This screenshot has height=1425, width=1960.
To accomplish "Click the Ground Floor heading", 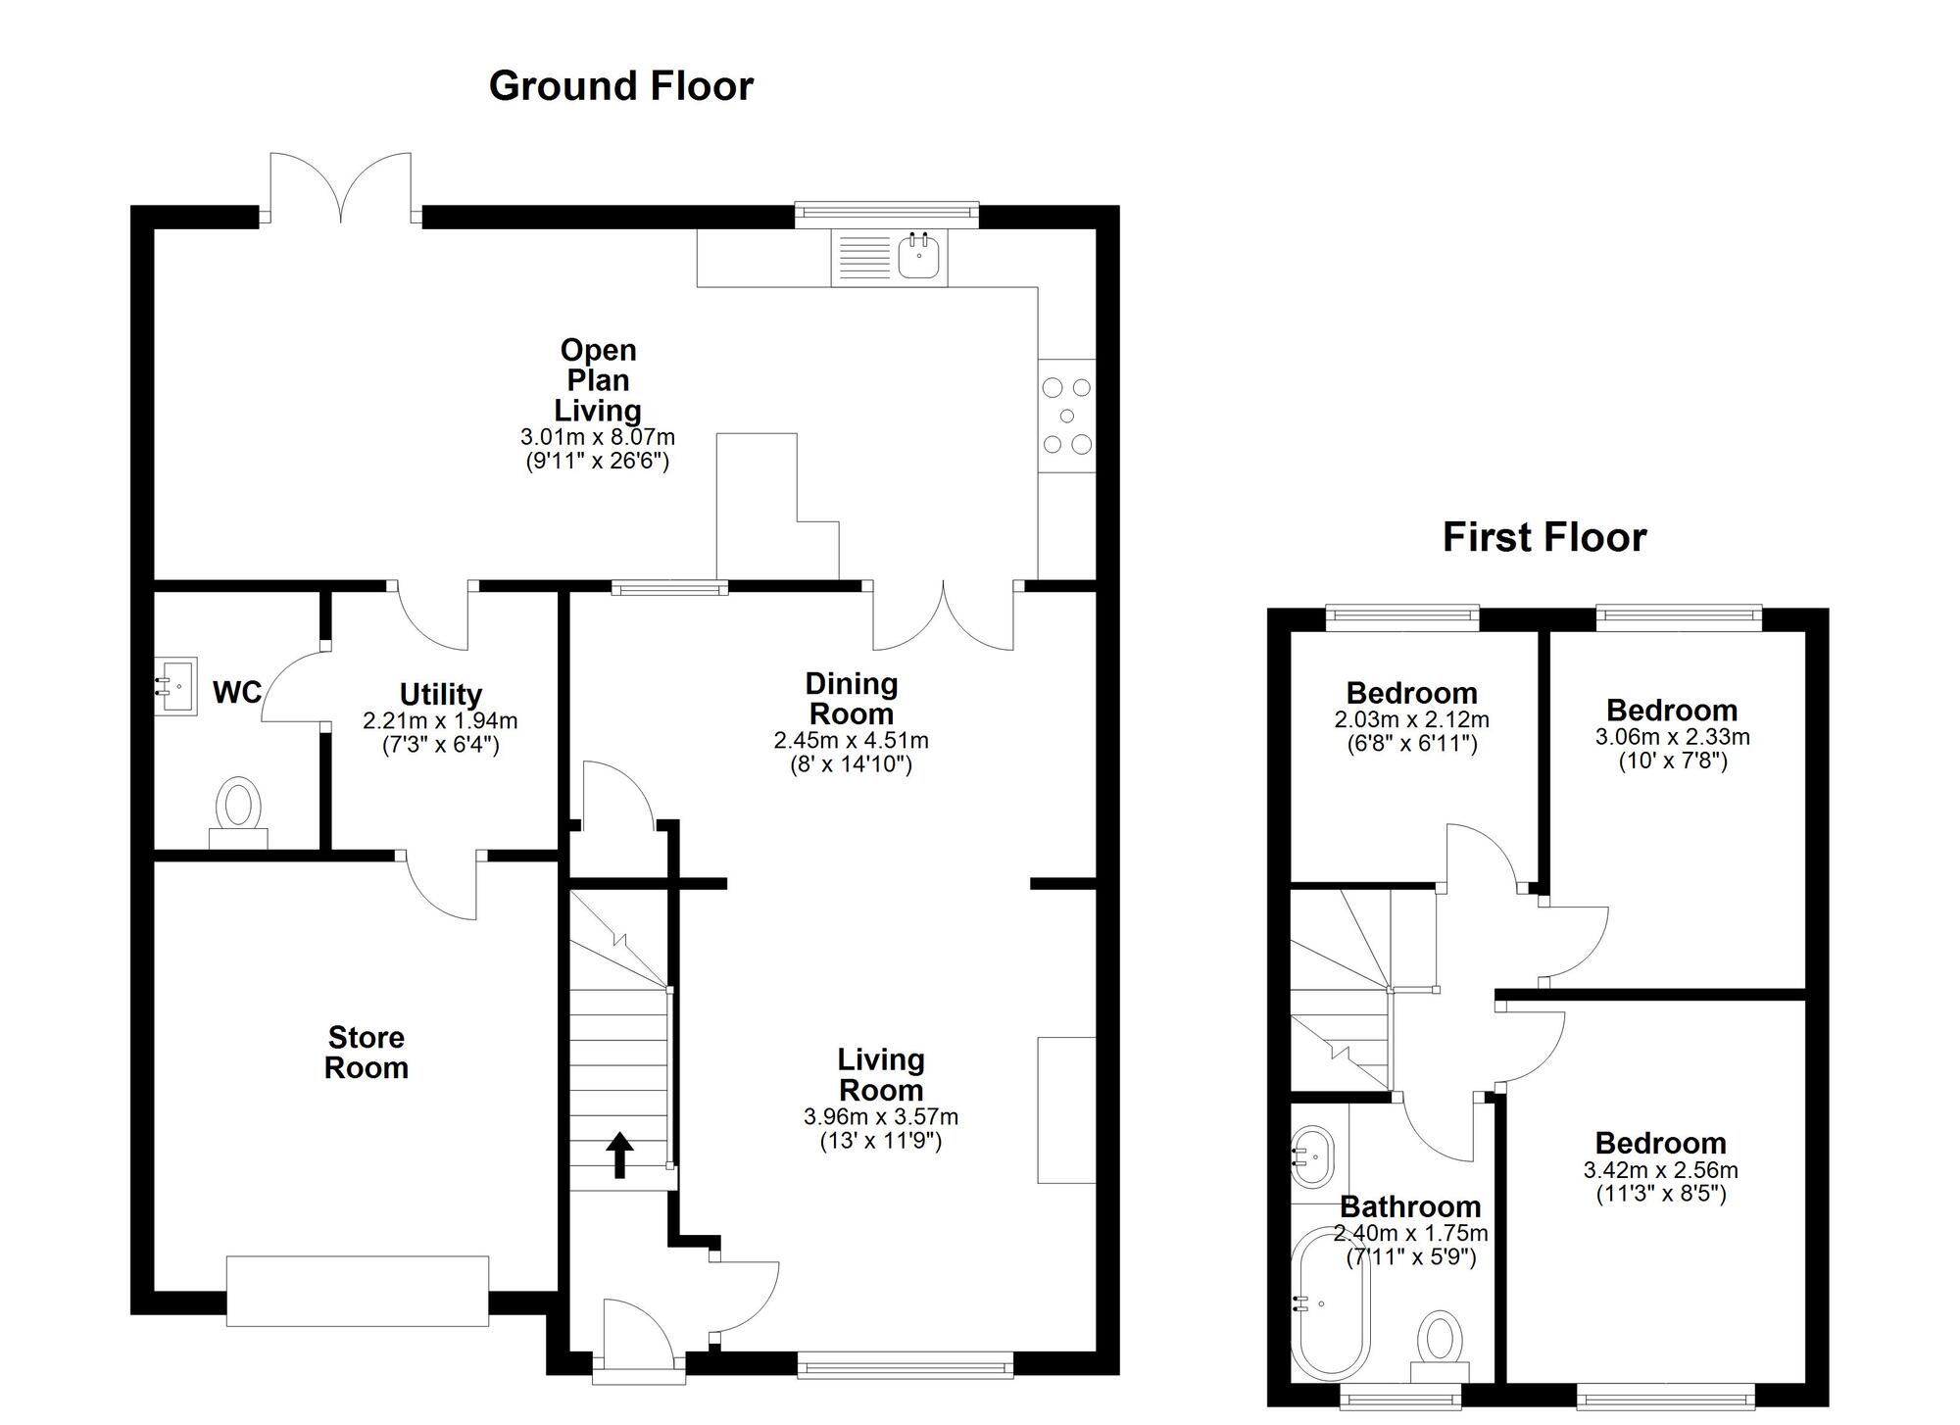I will pos(620,86).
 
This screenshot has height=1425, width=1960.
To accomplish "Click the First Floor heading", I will pos(1543,538).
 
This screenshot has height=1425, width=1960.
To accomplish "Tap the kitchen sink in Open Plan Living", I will pos(919,257).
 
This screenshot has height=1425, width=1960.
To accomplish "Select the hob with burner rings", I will pos(1067,416).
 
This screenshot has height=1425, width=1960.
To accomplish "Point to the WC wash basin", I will pos(176,685).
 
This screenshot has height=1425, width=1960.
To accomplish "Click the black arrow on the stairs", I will pos(619,1155).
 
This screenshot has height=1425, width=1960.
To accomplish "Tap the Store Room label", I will pos(366,1053).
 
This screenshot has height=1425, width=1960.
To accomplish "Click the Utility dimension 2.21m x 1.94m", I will pos(440,721).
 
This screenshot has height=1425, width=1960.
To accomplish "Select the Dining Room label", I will pos(851,699).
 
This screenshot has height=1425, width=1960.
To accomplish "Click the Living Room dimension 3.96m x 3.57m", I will pos(880,1116).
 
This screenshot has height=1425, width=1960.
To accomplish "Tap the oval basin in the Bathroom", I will pos(1313,1156).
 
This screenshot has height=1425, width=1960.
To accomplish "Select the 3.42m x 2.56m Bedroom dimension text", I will pos(1660,1170).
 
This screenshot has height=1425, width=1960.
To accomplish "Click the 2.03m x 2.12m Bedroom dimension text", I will pos(1411,720).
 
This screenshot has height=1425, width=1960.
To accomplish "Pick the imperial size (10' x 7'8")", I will pos(1672,761).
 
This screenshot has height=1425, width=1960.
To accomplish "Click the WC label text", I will pos(237,693).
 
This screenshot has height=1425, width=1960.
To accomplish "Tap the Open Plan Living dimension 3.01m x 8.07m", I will pos(597,437).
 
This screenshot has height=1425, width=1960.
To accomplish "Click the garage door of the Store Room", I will pos(357,1291).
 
